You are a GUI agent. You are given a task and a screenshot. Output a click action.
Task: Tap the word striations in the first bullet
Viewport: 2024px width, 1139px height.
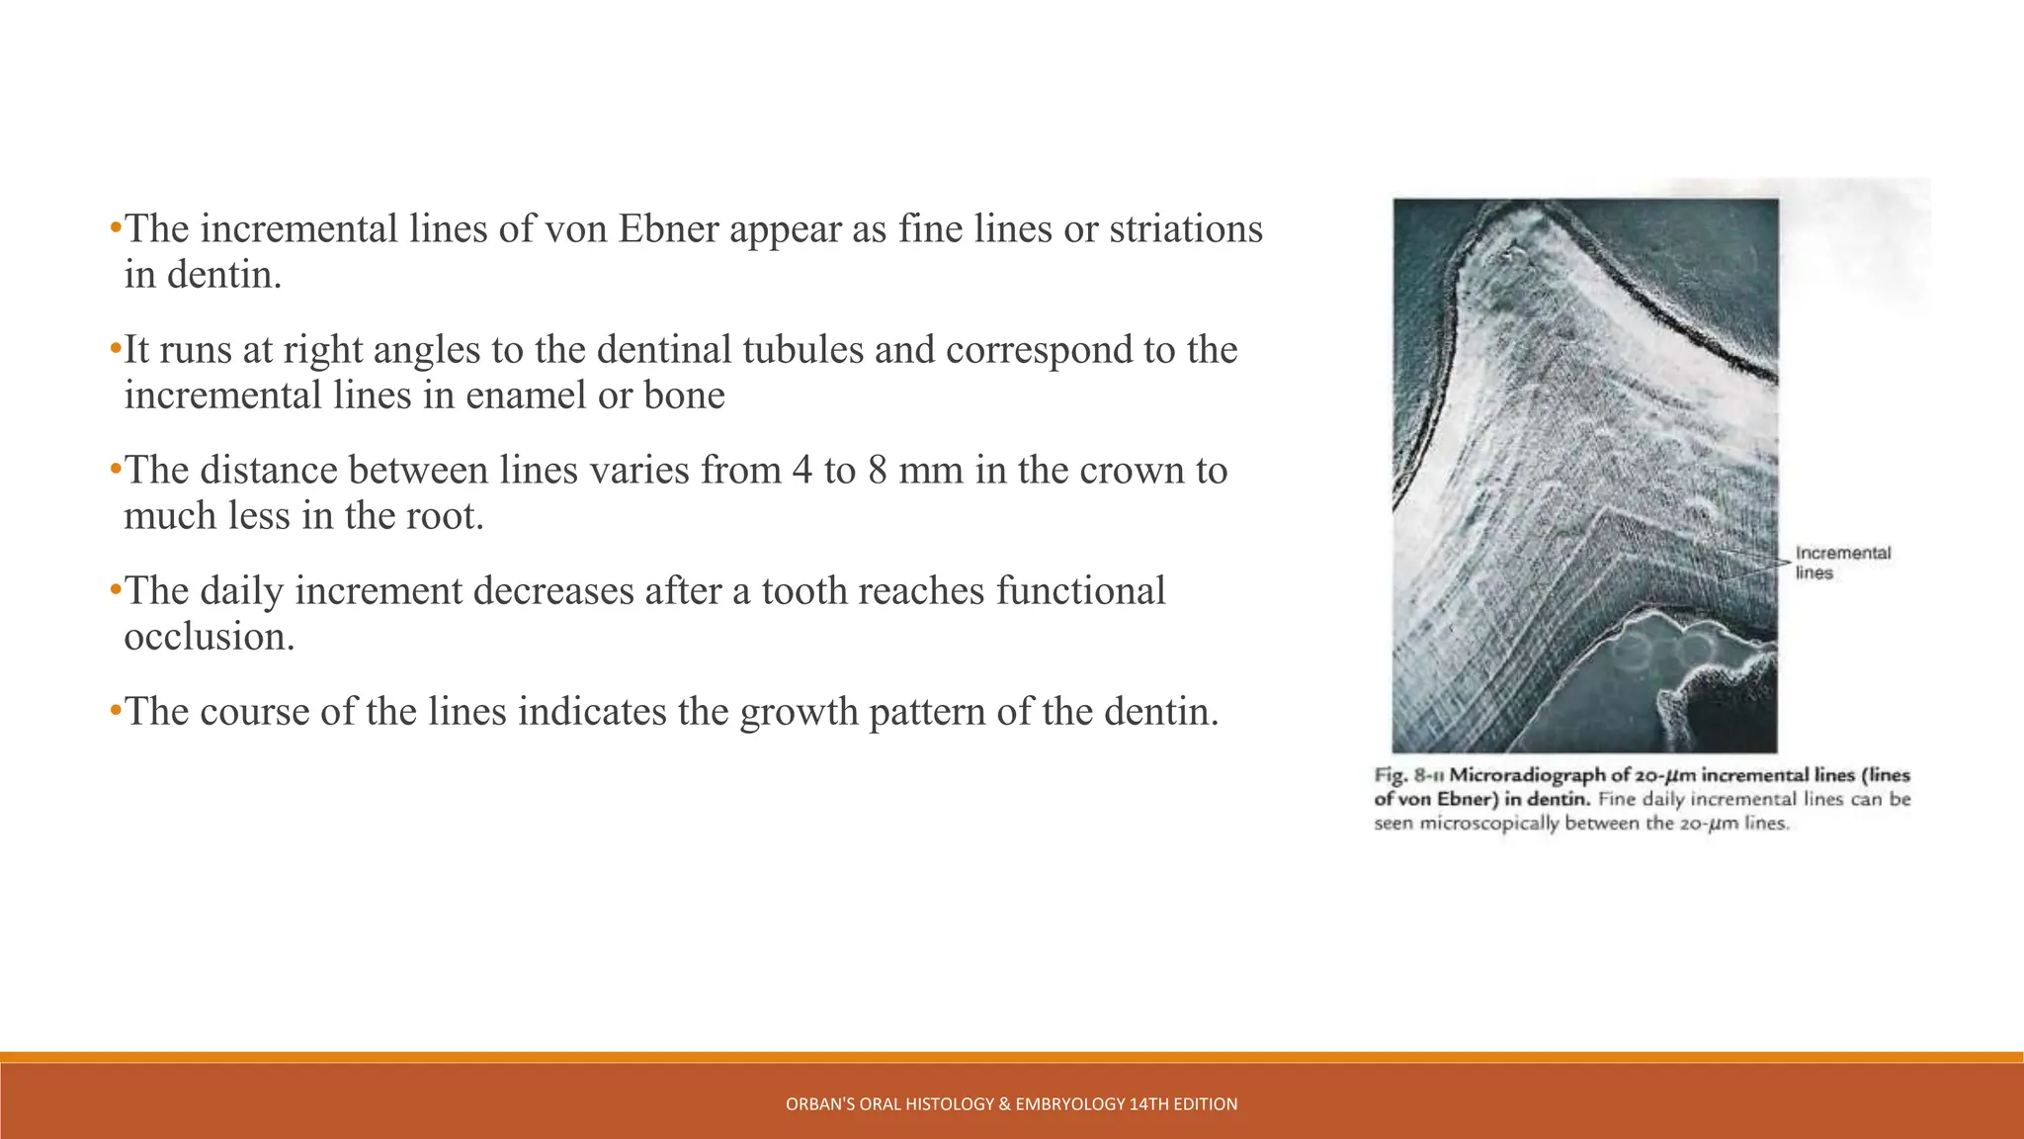(1185, 229)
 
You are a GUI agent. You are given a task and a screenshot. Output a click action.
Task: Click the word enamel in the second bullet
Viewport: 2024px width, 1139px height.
(525, 395)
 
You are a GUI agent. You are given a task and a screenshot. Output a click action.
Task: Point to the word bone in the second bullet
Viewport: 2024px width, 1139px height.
(684, 395)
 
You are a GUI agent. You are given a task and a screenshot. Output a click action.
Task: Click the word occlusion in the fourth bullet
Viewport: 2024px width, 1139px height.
(209, 637)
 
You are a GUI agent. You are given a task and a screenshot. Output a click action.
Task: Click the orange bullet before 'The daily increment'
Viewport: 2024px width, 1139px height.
(115, 590)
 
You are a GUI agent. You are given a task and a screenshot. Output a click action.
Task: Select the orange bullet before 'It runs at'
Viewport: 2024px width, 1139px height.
(115, 349)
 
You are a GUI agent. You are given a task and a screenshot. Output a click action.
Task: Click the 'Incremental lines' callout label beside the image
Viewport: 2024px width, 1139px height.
(1842, 563)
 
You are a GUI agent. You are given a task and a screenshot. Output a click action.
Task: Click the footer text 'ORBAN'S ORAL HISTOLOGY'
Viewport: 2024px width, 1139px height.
(888, 1104)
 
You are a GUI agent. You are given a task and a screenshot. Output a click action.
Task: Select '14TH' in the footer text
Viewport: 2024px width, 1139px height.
(1148, 1104)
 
